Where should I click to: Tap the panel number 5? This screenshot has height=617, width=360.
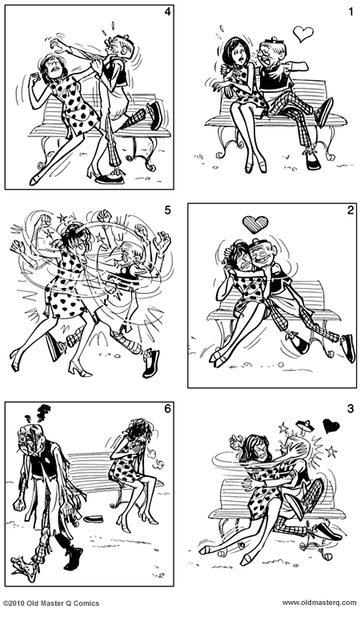point(166,210)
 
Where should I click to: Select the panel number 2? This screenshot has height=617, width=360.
point(349,210)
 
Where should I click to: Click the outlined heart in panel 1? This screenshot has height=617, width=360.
point(302,34)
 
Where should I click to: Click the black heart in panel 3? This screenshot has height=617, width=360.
point(330,426)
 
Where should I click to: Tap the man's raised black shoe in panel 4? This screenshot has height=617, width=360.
point(155,114)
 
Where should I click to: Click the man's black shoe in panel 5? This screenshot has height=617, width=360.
point(150,364)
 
